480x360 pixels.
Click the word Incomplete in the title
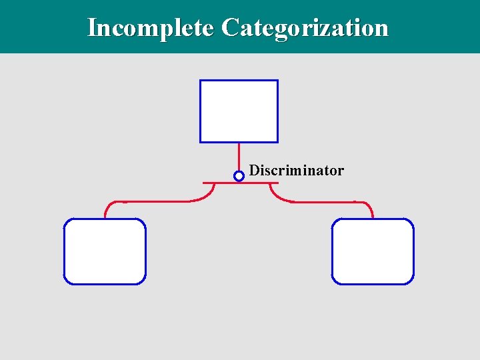[151, 28]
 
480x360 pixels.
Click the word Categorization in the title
[305, 28]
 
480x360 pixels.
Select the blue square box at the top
[239, 111]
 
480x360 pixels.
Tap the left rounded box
[105, 251]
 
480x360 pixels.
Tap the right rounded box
[373, 251]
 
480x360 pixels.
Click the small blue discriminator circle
[239, 176]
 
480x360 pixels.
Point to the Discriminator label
[297, 171]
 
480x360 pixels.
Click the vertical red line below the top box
[239, 157]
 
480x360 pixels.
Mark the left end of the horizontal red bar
[203, 182]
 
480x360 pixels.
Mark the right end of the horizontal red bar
[277, 182]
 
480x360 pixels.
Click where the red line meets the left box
[105, 218]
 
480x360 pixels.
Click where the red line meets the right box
[373, 218]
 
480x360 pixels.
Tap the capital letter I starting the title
[91, 28]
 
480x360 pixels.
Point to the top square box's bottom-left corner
[201, 141]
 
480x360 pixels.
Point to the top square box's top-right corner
[277, 81]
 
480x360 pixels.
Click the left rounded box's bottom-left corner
[65, 283]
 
